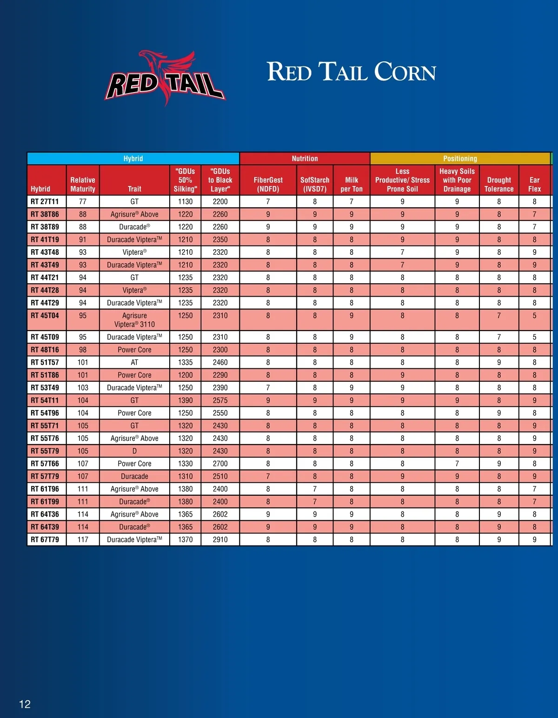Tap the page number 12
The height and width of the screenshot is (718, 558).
[x=25, y=704]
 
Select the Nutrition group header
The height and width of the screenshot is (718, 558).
[x=305, y=159]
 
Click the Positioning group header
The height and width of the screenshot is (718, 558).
[x=460, y=159]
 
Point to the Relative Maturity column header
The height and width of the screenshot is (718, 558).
[x=83, y=184]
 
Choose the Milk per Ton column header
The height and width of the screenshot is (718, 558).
[x=352, y=184]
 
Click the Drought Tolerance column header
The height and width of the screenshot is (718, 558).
[x=499, y=184]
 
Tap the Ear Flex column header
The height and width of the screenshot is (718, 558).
[x=534, y=184]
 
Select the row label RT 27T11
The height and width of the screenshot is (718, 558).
[x=45, y=202]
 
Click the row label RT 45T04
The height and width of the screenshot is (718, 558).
[x=45, y=316]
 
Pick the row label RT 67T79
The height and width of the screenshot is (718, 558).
[x=45, y=539]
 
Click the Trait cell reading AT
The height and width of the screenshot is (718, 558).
[x=134, y=362]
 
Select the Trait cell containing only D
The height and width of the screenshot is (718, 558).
[x=134, y=451]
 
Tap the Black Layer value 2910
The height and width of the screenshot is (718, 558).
[x=220, y=539]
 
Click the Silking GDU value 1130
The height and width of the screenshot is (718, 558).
[x=185, y=202]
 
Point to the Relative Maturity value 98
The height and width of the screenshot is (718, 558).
[x=83, y=350]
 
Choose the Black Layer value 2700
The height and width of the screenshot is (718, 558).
[x=220, y=464]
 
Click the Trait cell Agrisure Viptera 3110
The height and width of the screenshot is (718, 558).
[x=134, y=320]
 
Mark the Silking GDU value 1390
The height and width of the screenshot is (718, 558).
[x=185, y=400]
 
